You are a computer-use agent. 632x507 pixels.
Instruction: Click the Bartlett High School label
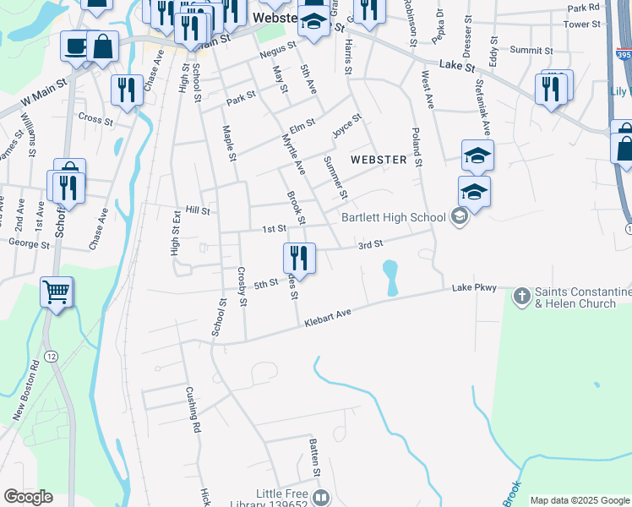pyautogui.click(x=393, y=217)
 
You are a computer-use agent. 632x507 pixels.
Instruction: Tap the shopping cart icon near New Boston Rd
pyautogui.click(x=57, y=293)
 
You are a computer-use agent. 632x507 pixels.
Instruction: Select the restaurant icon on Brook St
pyautogui.click(x=298, y=256)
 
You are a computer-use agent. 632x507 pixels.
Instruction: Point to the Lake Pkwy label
pyautogui.click(x=474, y=288)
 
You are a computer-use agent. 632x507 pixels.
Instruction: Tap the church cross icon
pyautogui.click(x=521, y=295)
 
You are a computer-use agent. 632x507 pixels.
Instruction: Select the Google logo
pyautogui.click(x=27, y=497)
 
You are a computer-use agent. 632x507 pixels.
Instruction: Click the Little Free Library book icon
pyautogui.click(x=321, y=498)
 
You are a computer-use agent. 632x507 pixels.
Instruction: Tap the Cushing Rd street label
pyautogui.click(x=193, y=410)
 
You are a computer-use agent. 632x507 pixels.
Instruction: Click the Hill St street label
pyautogui.click(x=197, y=210)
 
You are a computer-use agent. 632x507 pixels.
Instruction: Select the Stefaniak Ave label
pyautogui.click(x=482, y=106)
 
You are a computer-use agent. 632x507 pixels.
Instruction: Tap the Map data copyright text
pyautogui.click(x=580, y=500)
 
